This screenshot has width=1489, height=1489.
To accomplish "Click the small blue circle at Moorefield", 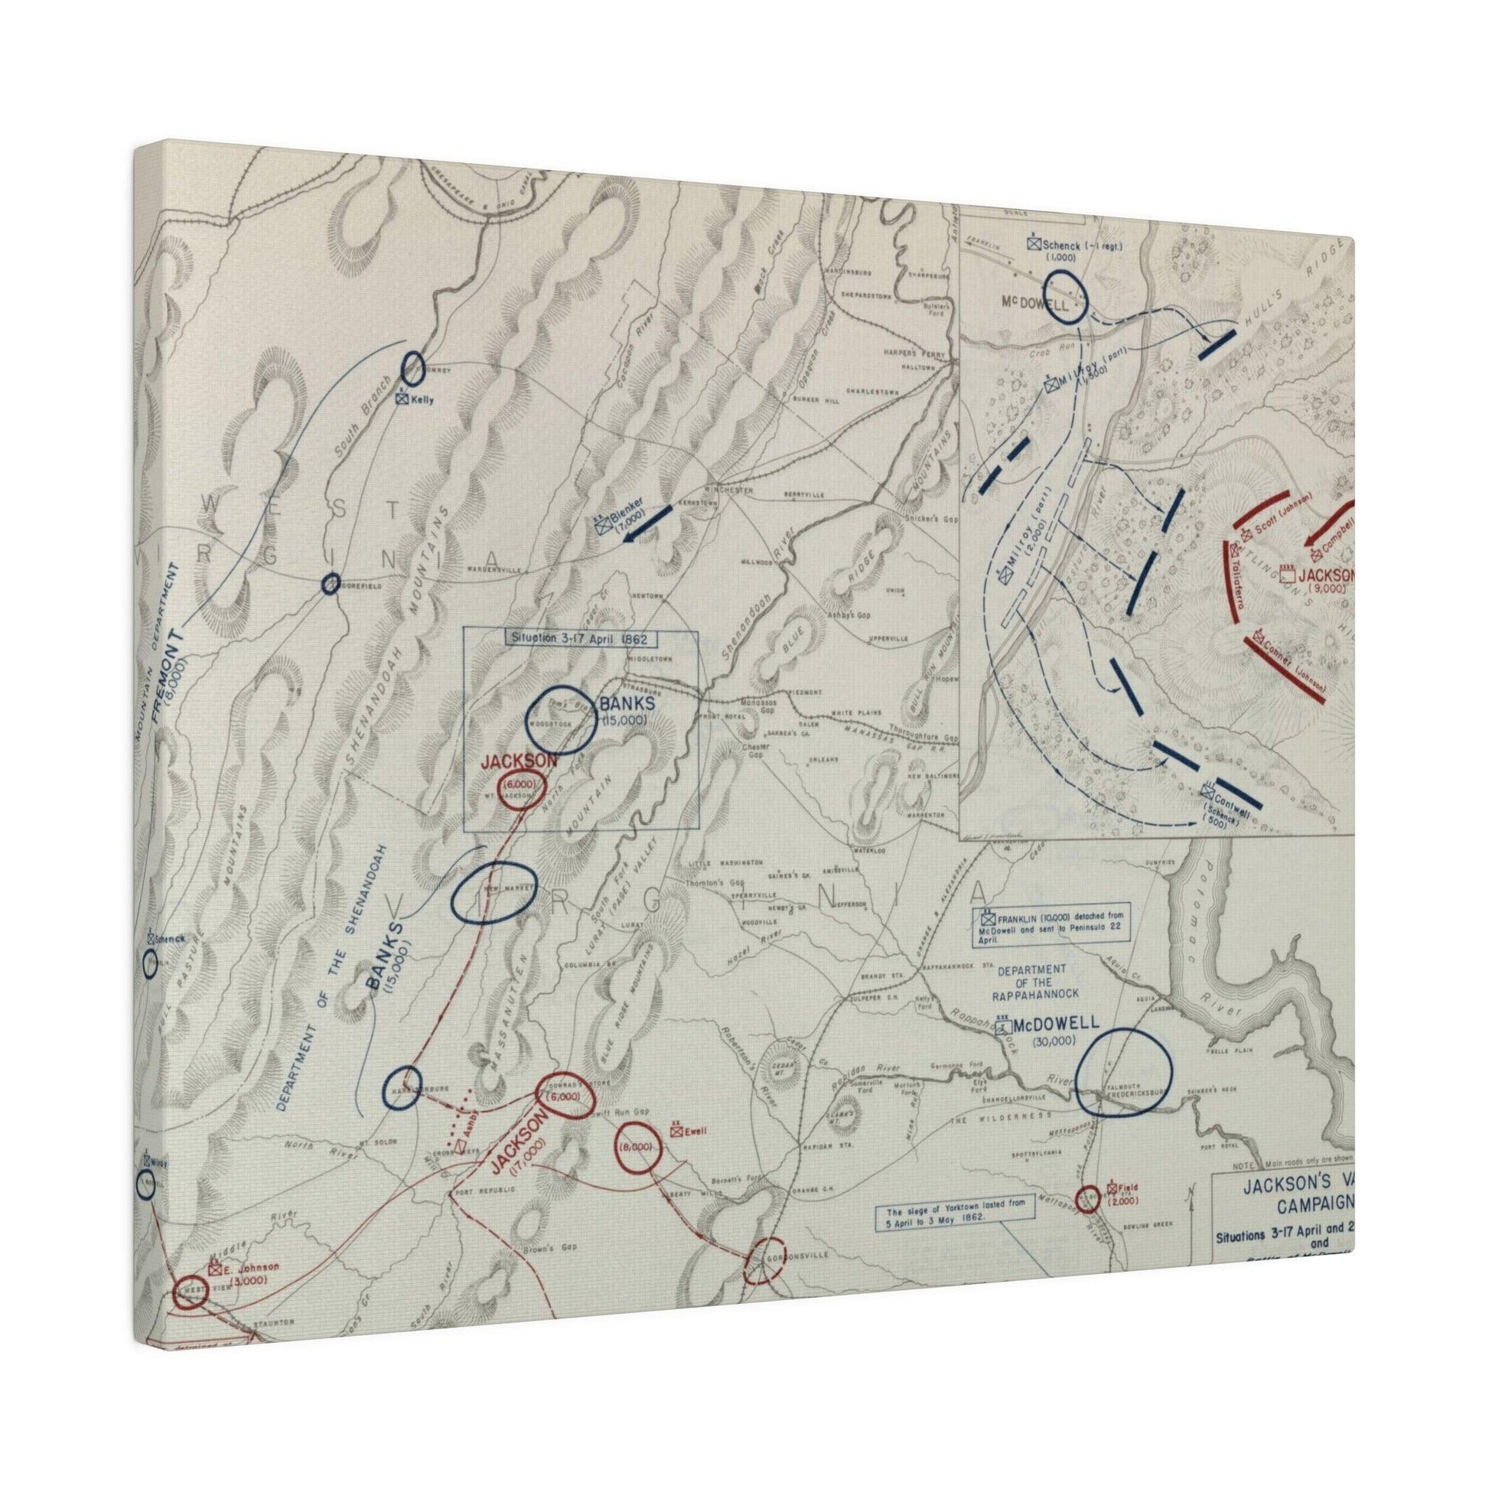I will (331, 584).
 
